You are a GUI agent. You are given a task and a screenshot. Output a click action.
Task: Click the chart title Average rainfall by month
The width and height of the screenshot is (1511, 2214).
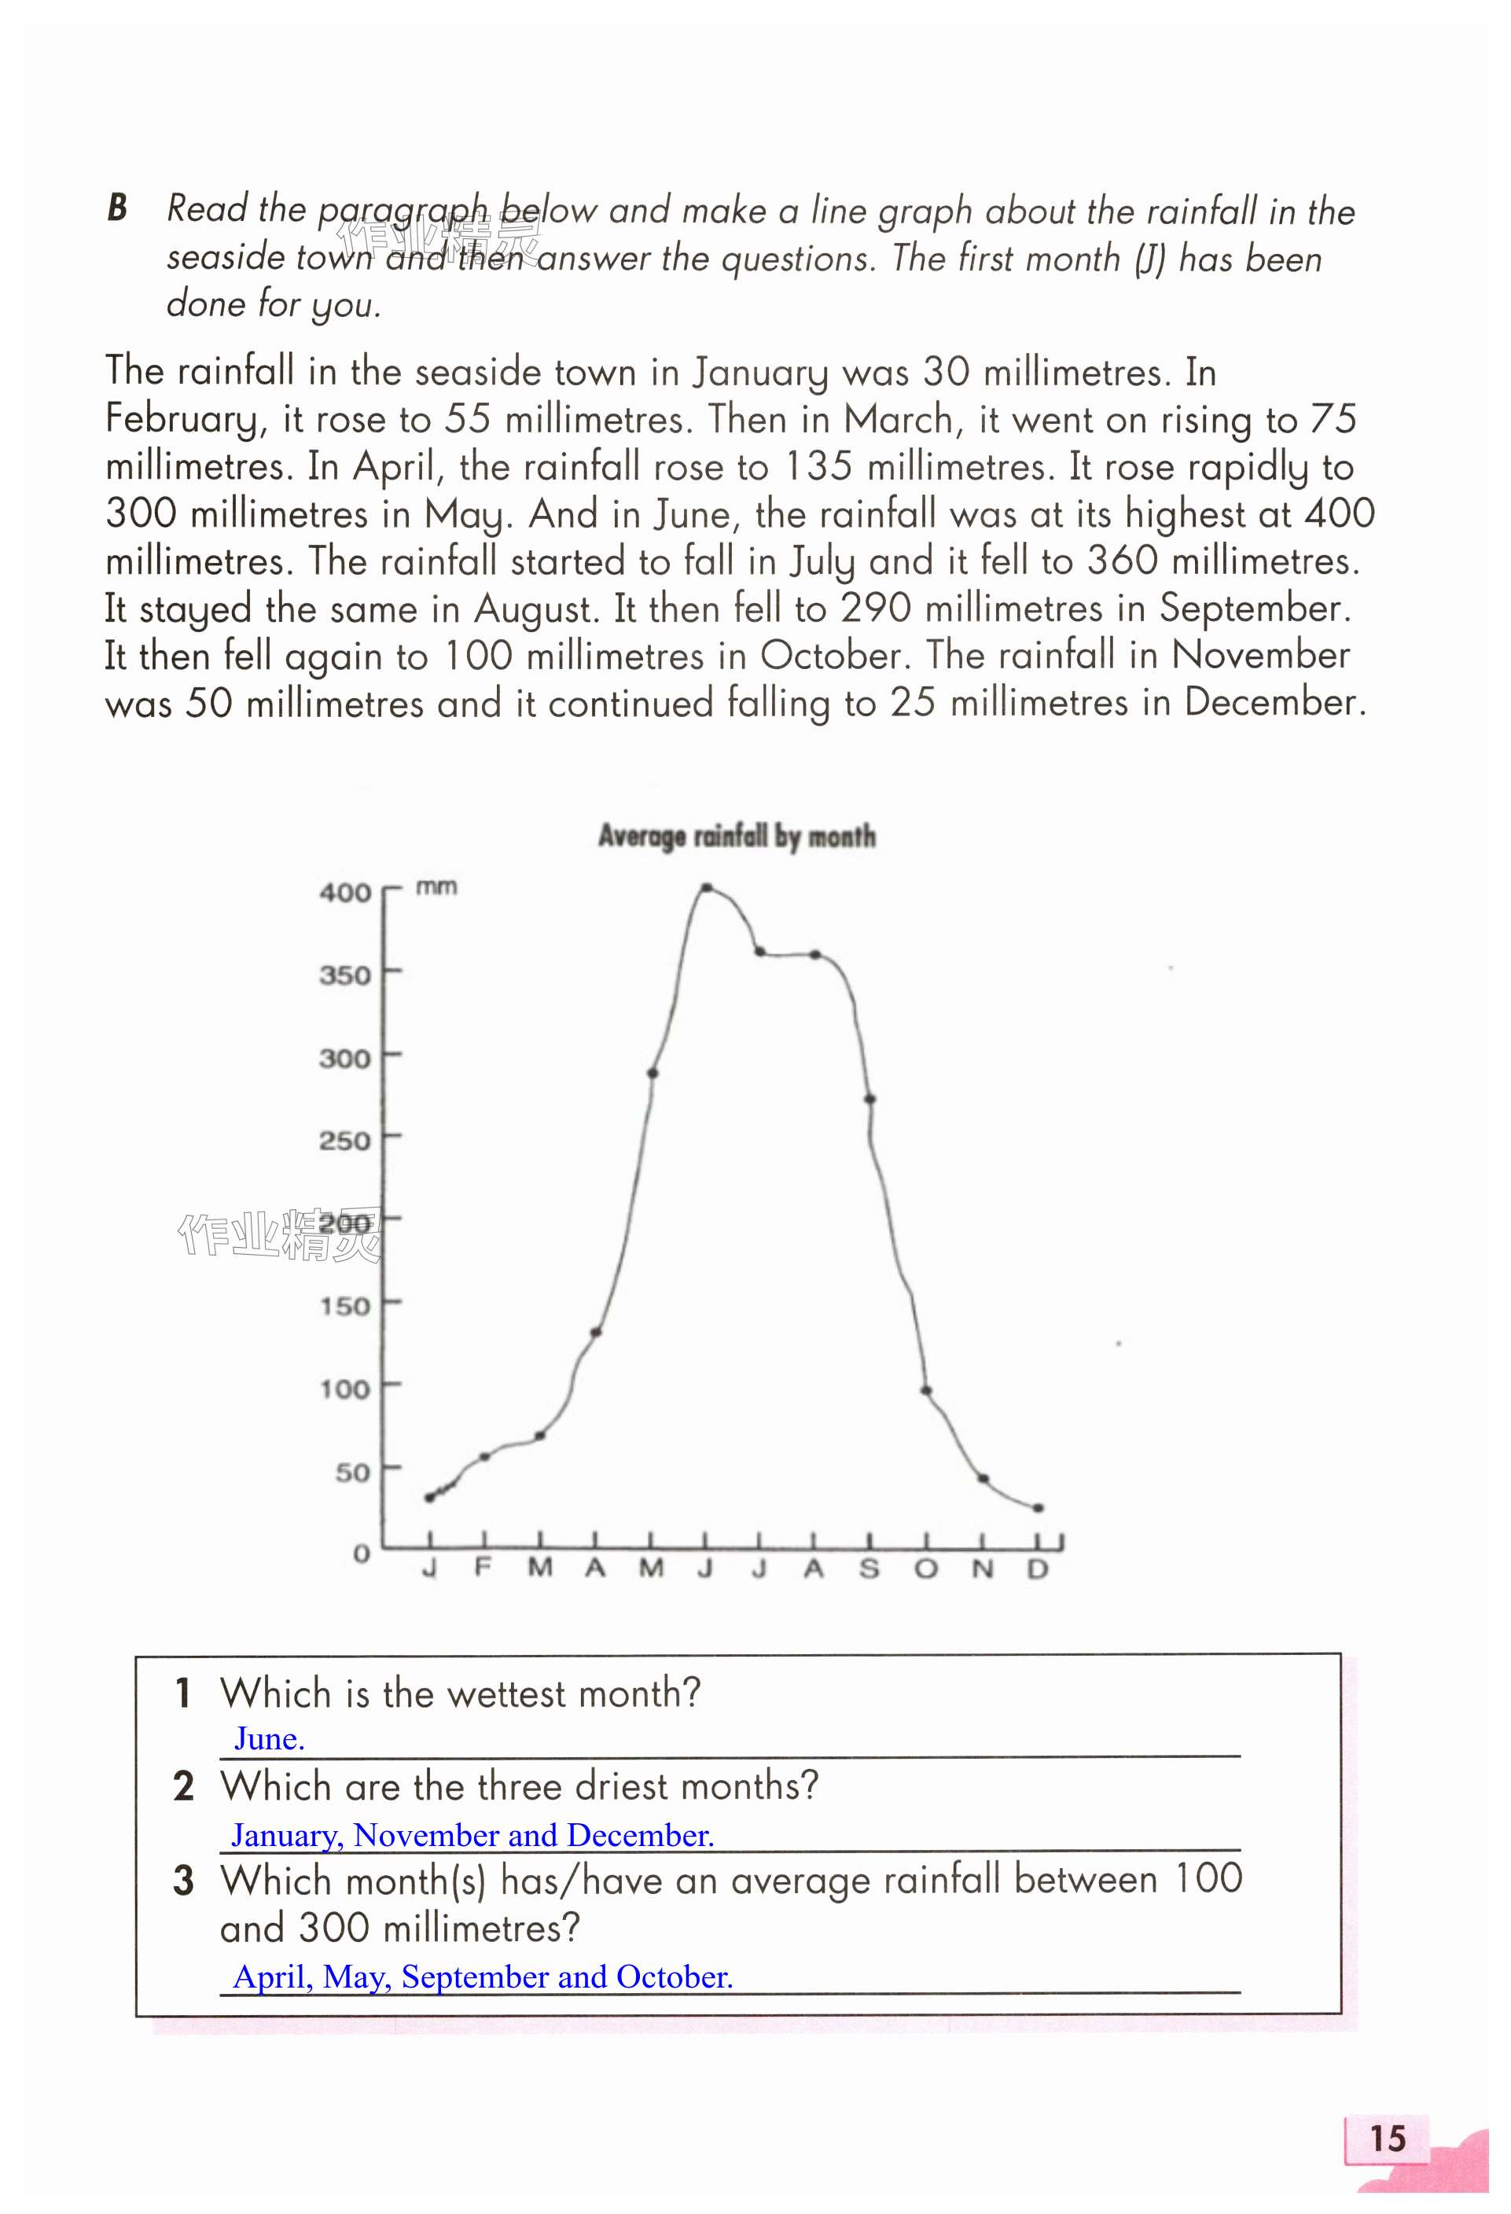tap(737, 837)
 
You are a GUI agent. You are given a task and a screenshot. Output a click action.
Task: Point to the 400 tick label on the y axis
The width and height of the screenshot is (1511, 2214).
tap(345, 892)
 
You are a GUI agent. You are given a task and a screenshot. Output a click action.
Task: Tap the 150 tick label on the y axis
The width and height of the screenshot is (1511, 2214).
tap(345, 1305)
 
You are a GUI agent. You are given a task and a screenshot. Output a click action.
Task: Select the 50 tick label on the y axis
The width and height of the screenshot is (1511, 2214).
tap(352, 1473)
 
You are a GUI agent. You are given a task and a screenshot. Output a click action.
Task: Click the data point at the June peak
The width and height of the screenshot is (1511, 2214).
tap(706, 888)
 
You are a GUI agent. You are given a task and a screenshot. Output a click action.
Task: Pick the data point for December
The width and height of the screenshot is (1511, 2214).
tap(1039, 1508)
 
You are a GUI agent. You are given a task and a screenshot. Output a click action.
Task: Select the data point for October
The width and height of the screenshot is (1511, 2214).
tap(925, 1391)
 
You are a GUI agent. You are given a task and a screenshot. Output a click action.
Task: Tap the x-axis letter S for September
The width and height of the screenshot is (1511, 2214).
tap(869, 1568)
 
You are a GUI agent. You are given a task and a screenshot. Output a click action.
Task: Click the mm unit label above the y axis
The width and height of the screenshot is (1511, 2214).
tap(436, 887)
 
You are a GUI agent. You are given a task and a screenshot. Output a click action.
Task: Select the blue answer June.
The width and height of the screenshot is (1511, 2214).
tap(270, 1738)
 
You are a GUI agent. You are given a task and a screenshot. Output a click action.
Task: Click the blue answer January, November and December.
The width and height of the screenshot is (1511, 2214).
tap(472, 1835)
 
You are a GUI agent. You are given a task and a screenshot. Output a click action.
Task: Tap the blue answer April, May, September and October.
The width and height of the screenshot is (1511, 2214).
tap(483, 1977)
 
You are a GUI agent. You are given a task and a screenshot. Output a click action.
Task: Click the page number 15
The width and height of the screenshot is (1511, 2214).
tap(1387, 2138)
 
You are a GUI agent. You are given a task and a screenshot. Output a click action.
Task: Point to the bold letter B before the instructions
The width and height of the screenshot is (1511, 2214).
tap(117, 208)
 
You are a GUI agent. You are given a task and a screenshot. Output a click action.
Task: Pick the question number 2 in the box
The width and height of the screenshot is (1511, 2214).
tap(184, 1786)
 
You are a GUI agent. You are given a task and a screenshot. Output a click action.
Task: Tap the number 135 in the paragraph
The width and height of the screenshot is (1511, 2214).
tap(818, 467)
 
